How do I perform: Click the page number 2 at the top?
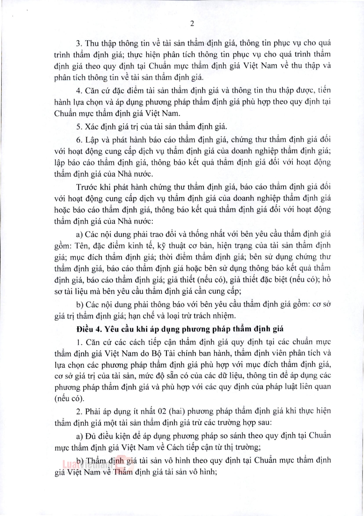(x=192, y=24)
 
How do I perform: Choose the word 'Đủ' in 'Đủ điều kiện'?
(x=90, y=436)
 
